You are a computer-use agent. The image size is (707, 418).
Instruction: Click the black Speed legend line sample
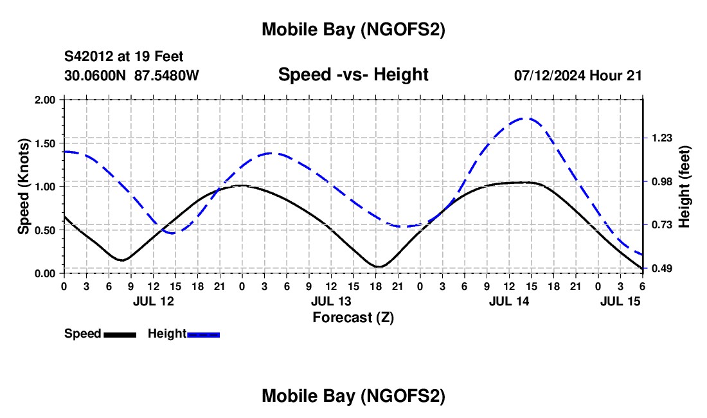pos(120,334)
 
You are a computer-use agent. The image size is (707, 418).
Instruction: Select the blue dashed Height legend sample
pos(203,334)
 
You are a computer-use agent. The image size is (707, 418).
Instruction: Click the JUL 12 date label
pos(153,301)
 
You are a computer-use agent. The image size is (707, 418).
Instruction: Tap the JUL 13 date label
pos(331,301)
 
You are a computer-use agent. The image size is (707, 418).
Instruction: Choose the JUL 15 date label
pos(620,301)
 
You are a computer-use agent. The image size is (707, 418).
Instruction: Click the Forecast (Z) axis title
pos(353,317)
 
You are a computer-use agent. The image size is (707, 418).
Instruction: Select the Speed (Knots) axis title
pos(24,186)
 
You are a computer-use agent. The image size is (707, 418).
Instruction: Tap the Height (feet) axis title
pos(684,186)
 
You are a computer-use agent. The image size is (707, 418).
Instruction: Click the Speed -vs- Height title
pos(353,75)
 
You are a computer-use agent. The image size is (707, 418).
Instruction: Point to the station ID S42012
pos(90,57)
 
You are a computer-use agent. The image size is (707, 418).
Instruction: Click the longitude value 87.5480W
pos(166,75)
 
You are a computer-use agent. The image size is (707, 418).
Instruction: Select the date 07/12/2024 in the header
pos(550,75)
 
